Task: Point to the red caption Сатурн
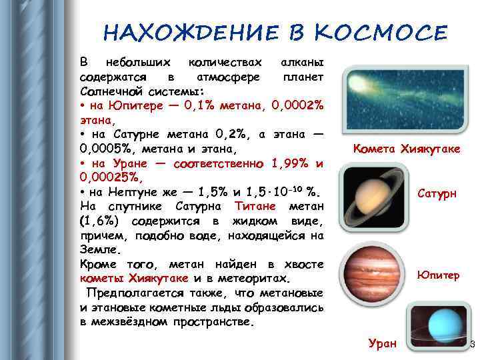click(x=437, y=194)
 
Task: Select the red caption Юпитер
click(x=438, y=275)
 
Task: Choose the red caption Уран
click(x=383, y=343)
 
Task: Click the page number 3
click(x=472, y=344)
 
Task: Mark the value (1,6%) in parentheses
click(x=100, y=221)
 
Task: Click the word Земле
click(x=101, y=250)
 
